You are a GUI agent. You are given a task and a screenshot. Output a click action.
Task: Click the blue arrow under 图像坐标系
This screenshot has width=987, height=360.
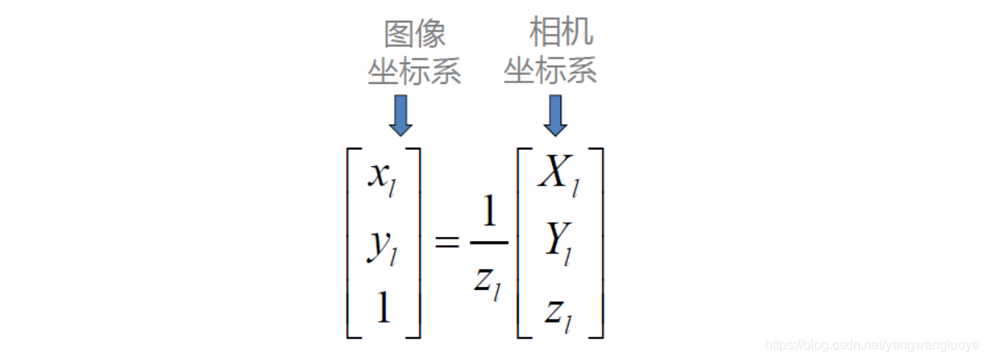[401, 115]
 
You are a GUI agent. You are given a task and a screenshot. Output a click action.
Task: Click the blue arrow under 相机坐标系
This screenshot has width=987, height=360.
[555, 115]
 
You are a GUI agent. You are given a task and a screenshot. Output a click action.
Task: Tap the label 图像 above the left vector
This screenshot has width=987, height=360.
[415, 35]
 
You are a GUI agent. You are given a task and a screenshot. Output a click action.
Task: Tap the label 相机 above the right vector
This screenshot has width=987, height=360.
[561, 33]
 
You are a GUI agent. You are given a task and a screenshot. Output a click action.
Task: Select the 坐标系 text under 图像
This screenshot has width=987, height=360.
[415, 72]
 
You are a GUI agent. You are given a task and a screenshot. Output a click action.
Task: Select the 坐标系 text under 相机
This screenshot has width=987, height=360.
[550, 72]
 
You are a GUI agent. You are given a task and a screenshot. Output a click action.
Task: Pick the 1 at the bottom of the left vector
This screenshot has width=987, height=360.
[382, 308]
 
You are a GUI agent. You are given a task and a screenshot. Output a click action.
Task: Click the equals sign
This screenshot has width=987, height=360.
[447, 243]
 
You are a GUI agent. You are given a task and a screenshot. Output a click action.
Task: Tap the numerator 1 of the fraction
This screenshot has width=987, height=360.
[489, 215]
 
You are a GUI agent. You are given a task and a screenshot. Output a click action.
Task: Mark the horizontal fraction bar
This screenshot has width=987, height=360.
[489, 243]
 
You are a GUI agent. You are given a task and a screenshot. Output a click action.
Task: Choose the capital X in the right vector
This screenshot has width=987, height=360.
[553, 173]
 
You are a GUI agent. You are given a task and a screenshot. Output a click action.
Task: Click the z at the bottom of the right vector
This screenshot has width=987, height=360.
[553, 310]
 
